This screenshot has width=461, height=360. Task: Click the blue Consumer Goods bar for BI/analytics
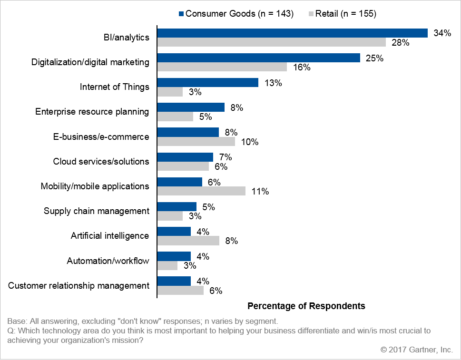click(x=293, y=33)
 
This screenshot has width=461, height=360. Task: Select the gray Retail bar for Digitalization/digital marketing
click(x=222, y=67)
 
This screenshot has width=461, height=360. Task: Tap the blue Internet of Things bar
click(x=208, y=83)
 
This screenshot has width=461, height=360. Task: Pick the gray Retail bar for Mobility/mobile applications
click(x=201, y=191)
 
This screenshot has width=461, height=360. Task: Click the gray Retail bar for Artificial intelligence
click(x=188, y=240)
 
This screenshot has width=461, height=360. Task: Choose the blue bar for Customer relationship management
click(x=174, y=281)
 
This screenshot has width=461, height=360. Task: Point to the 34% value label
click(x=442, y=33)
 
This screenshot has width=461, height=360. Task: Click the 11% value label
click(x=260, y=191)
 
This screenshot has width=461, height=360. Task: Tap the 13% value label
click(x=273, y=83)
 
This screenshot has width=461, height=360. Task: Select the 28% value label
click(x=401, y=43)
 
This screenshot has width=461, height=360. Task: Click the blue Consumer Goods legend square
click(x=181, y=13)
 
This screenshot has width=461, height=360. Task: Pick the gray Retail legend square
click(x=311, y=13)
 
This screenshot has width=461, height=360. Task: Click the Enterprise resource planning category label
click(x=92, y=112)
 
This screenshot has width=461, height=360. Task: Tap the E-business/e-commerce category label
click(x=101, y=136)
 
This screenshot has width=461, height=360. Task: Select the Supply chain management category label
click(x=97, y=211)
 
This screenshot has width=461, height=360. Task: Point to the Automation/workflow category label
click(x=108, y=261)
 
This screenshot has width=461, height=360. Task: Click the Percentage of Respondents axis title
click(x=306, y=306)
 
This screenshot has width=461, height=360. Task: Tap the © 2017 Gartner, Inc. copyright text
click(x=417, y=350)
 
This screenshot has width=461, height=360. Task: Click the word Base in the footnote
click(x=17, y=321)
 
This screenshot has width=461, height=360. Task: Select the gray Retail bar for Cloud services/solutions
click(x=183, y=166)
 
